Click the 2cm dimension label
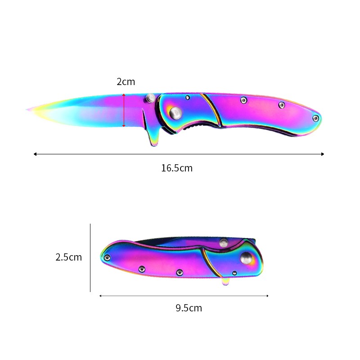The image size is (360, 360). [x=126, y=82]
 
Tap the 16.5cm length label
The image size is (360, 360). [x=177, y=168]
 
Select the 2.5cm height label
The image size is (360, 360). [x=69, y=257]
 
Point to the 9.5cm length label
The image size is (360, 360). [x=189, y=308]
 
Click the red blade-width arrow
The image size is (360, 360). [x=124, y=110]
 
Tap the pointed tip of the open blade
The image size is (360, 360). [x=27, y=109]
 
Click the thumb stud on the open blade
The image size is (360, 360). [x=150, y=98]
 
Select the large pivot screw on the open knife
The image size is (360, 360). [x=176, y=113]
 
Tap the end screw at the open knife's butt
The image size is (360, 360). [x=316, y=118]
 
